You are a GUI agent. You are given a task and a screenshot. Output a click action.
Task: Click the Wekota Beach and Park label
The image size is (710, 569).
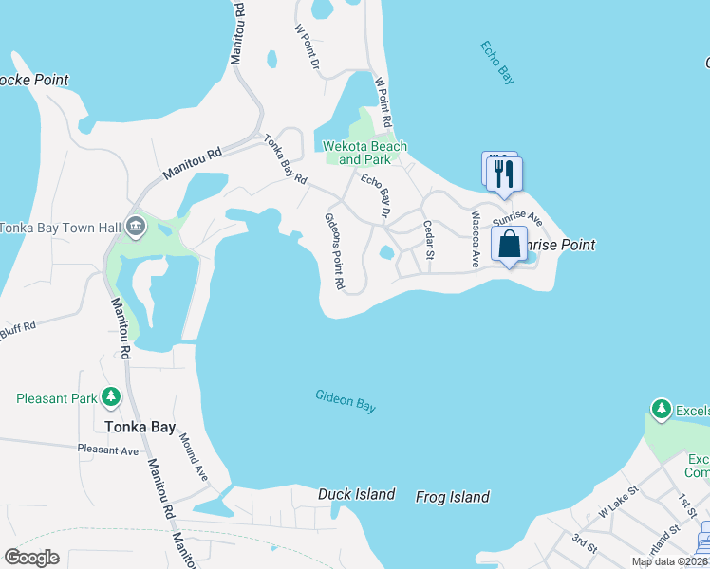(x=365, y=153)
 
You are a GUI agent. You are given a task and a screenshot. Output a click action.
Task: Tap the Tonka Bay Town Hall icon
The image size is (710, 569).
(x=135, y=227)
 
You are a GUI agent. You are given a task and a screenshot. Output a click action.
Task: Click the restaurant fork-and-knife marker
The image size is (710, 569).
(x=504, y=174)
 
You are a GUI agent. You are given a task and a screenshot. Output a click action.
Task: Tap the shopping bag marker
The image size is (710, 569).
(x=510, y=244)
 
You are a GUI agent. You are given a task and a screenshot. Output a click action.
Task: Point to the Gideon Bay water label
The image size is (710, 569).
(x=346, y=401)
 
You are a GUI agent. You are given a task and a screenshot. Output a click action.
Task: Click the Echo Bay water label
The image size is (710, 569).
(x=497, y=64)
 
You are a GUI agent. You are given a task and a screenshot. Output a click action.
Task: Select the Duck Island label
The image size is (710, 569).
(x=356, y=494)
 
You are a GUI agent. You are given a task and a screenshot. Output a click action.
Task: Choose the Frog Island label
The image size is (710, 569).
(x=453, y=497)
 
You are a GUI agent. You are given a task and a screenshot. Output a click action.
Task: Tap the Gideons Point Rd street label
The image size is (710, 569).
(x=333, y=251)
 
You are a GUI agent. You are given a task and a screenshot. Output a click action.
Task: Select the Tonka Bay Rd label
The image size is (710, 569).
(x=286, y=158)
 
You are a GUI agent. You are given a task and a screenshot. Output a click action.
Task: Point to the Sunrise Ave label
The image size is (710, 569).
(x=517, y=217)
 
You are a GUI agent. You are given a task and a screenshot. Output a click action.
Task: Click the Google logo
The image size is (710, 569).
(x=31, y=558)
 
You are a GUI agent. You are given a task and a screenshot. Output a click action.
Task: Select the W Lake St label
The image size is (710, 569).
(x=619, y=502)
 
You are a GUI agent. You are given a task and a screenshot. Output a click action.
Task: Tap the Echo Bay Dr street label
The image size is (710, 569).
(x=376, y=195)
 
